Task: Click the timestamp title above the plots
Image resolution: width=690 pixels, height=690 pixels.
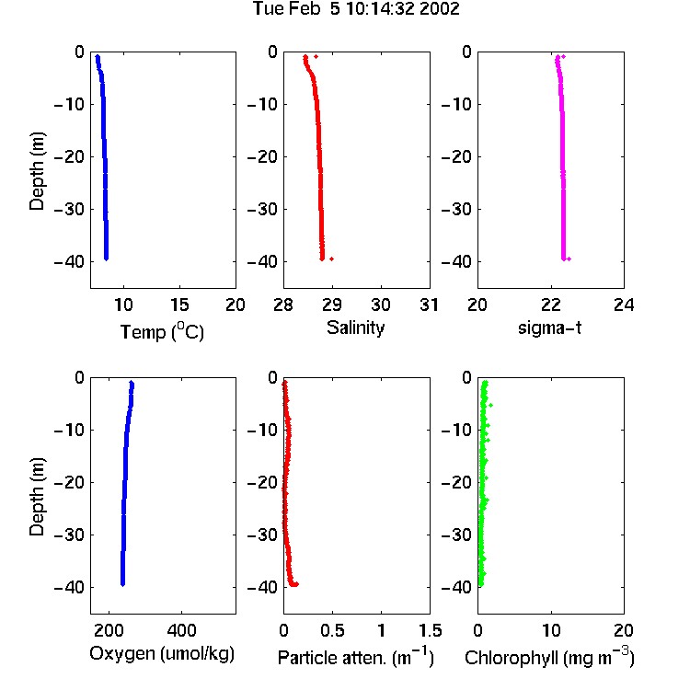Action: point(356,8)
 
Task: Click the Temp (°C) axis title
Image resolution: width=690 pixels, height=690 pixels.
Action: point(162,331)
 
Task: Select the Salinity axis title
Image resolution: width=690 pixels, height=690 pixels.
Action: point(355,328)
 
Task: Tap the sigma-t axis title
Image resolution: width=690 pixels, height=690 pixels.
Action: point(549,328)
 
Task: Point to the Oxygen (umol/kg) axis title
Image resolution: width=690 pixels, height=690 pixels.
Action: point(162,654)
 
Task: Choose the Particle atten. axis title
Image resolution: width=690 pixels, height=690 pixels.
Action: point(356,658)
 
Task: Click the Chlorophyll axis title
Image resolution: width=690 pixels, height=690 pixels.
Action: point(549,658)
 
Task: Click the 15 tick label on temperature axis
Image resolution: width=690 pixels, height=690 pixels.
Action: point(179,305)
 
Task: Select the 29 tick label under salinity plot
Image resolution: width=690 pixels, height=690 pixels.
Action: point(332,305)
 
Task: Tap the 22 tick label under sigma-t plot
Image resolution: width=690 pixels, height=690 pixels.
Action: point(551,305)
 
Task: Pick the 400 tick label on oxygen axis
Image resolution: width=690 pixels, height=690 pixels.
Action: point(182,630)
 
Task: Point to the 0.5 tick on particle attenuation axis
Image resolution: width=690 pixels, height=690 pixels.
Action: point(332,630)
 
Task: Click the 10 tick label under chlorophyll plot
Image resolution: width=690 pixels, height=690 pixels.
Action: point(551,630)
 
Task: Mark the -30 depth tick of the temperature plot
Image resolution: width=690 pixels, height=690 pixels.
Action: point(69,210)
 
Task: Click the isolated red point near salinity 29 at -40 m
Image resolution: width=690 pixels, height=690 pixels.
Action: point(332,259)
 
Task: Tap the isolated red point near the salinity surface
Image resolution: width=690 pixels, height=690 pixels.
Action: point(316,57)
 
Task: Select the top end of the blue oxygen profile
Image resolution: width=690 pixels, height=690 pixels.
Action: point(132,382)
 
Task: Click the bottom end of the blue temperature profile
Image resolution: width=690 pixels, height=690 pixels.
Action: point(106,259)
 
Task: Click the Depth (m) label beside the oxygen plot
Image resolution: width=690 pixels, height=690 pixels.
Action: point(37,497)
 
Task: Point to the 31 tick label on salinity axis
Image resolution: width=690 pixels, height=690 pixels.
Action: point(429,305)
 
